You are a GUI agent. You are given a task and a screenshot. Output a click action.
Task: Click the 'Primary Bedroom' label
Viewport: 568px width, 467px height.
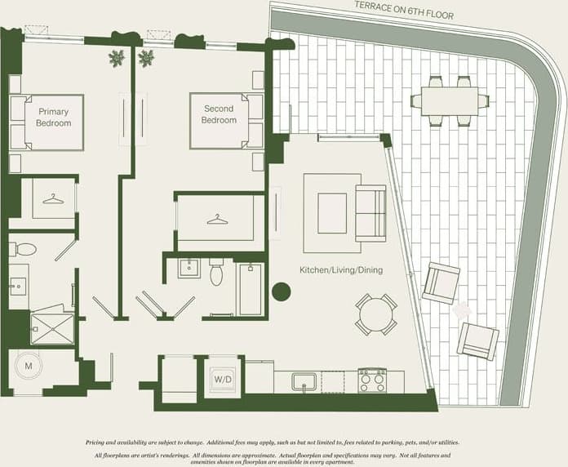[x=53, y=118]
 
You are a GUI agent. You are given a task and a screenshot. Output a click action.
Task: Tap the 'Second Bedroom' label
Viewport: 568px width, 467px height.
[x=218, y=114]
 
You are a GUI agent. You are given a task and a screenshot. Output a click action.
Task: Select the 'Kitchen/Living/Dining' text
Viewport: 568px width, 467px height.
[x=340, y=270]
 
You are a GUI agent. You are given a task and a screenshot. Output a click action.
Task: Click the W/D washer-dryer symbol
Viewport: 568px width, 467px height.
[x=222, y=380]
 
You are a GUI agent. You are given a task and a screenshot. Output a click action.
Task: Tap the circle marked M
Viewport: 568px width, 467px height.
[x=29, y=367]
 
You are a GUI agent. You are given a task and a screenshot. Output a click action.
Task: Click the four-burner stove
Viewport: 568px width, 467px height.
[x=372, y=380]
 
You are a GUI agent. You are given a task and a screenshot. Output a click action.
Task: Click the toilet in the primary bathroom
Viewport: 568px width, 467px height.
[x=25, y=249]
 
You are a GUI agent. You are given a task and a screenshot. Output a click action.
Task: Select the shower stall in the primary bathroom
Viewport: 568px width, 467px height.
[x=52, y=327]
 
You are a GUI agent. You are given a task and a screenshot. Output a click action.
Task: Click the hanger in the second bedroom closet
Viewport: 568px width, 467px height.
[x=217, y=219]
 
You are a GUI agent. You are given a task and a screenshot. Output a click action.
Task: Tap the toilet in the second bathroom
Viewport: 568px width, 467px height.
[x=216, y=273]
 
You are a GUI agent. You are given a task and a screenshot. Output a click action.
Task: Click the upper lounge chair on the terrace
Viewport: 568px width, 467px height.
[x=440, y=283]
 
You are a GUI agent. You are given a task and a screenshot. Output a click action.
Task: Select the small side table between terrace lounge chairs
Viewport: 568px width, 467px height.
[x=462, y=309]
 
